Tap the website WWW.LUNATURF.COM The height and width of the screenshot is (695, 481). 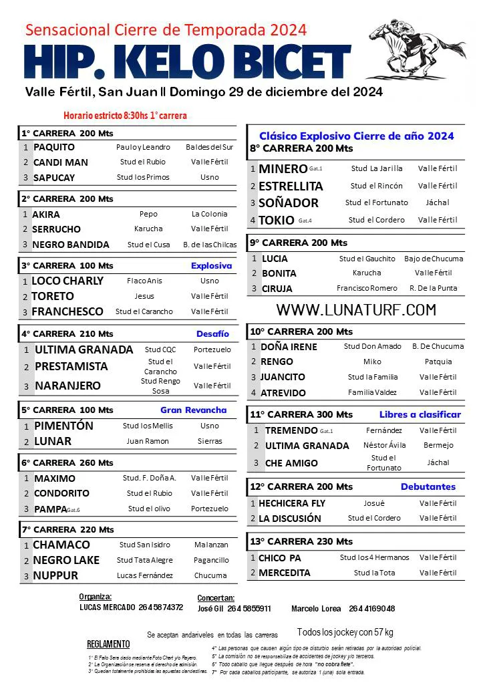coord(356,309)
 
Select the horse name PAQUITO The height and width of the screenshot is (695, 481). coord(54,147)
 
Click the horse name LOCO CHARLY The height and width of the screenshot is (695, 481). coord(67,281)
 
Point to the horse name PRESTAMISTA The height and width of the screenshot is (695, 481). coord(71,366)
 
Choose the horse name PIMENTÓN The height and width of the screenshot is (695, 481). coord(63,426)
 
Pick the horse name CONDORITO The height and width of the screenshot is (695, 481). coord(61,494)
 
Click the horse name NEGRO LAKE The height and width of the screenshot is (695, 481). coord(66,560)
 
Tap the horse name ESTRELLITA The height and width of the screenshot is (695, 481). coord(291,186)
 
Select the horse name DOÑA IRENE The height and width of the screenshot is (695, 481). coord(289,347)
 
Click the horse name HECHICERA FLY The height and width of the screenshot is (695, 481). coord(292,503)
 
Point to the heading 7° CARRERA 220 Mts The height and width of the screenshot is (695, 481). coord(67,530)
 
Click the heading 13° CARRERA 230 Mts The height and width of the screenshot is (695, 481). coord(301,541)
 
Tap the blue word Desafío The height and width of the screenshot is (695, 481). coord(212,333)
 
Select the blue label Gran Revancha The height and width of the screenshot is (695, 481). coord(193,410)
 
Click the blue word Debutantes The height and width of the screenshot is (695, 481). coord(428,486)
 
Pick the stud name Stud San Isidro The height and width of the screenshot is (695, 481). coord(144,545)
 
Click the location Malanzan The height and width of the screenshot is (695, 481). coord(211,545)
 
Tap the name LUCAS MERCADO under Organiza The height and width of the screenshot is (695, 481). coord(107,607)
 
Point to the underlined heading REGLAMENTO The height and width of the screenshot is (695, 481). coord(108,644)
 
